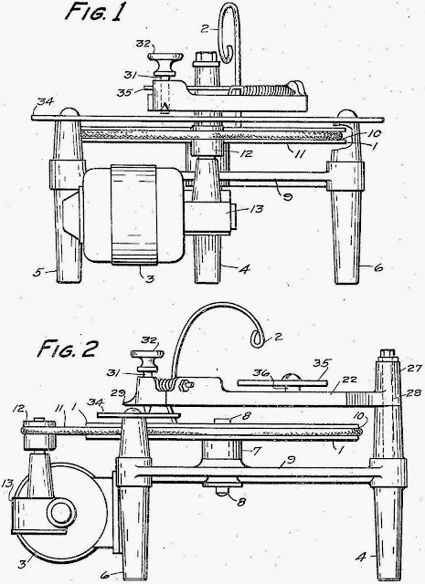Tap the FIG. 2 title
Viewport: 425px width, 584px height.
(67, 349)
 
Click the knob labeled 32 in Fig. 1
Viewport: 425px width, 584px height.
(165, 64)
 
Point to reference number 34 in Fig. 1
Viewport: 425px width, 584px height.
(46, 101)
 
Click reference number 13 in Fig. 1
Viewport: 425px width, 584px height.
(256, 209)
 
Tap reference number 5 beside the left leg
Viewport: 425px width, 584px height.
(37, 273)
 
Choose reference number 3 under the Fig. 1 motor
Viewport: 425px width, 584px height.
(150, 279)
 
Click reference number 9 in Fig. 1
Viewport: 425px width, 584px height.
(287, 196)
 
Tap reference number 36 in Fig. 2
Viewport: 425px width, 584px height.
(260, 373)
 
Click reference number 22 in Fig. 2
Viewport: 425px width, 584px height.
(350, 380)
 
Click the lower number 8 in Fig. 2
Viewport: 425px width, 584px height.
(241, 503)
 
